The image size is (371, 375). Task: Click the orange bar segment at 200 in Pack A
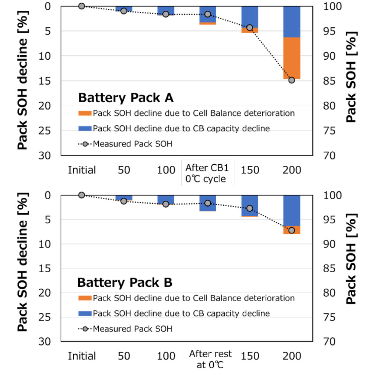(292, 58)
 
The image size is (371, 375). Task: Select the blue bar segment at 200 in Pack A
(292, 22)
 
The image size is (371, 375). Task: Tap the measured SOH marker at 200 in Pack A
(292, 80)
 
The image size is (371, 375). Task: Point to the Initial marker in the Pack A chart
(82, 6)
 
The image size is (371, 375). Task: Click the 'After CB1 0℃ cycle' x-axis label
(207, 173)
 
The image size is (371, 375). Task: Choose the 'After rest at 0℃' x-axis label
(210, 359)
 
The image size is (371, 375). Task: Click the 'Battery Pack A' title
(126, 98)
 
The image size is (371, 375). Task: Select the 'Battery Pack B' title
(125, 283)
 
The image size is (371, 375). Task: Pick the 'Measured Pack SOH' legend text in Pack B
(132, 329)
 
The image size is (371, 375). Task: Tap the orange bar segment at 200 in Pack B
(292, 230)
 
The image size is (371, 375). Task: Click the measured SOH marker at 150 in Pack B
(250, 208)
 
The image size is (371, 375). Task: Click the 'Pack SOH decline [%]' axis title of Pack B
(23, 267)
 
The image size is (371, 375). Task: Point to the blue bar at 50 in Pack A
(124, 8)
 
